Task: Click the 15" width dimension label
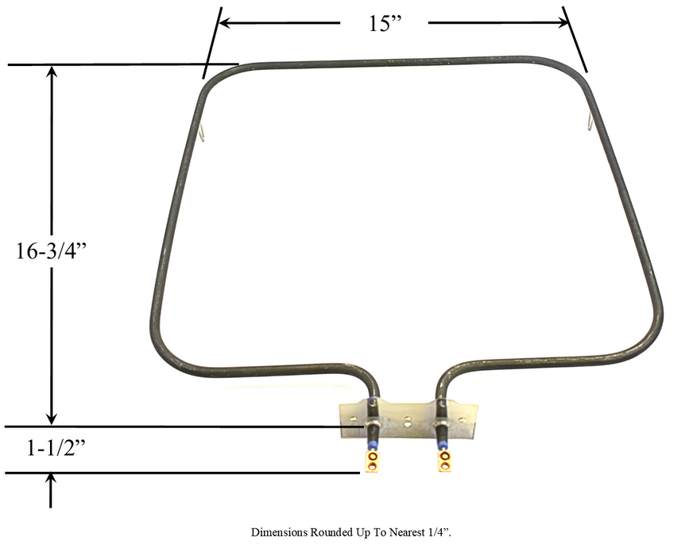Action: pos(385,24)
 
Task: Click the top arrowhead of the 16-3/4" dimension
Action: pos(52,72)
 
